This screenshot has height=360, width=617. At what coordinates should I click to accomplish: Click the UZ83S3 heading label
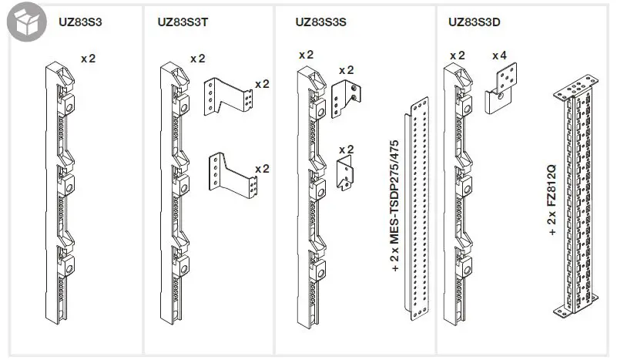(80, 22)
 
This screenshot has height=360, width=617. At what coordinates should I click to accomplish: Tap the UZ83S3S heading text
(320, 22)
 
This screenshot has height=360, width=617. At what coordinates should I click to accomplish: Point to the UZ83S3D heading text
(474, 22)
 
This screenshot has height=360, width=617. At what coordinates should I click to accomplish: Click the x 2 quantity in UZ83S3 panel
(88, 58)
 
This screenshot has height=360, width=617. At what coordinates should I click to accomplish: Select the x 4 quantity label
(499, 56)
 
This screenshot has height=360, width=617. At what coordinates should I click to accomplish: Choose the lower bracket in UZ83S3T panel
(231, 173)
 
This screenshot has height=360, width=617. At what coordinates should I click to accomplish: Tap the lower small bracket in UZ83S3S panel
(346, 171)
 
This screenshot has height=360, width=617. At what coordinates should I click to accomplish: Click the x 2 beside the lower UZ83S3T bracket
(262, 168)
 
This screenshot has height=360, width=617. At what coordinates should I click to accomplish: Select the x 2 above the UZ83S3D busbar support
(457, 56)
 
